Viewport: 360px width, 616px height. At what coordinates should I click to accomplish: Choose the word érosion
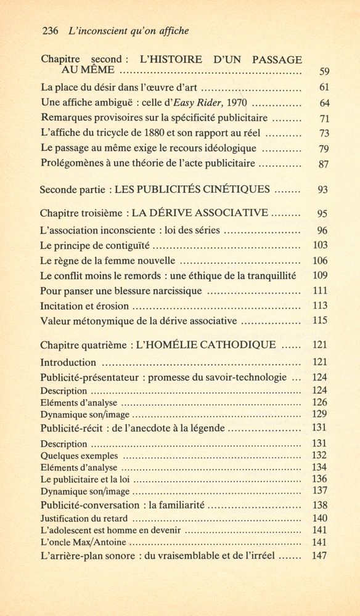click(110, 305)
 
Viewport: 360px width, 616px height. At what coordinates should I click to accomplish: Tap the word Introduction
click(68, 362)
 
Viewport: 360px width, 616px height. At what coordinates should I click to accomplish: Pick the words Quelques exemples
click(79, 456)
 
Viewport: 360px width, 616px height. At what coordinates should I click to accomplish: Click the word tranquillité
click(268, 275)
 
